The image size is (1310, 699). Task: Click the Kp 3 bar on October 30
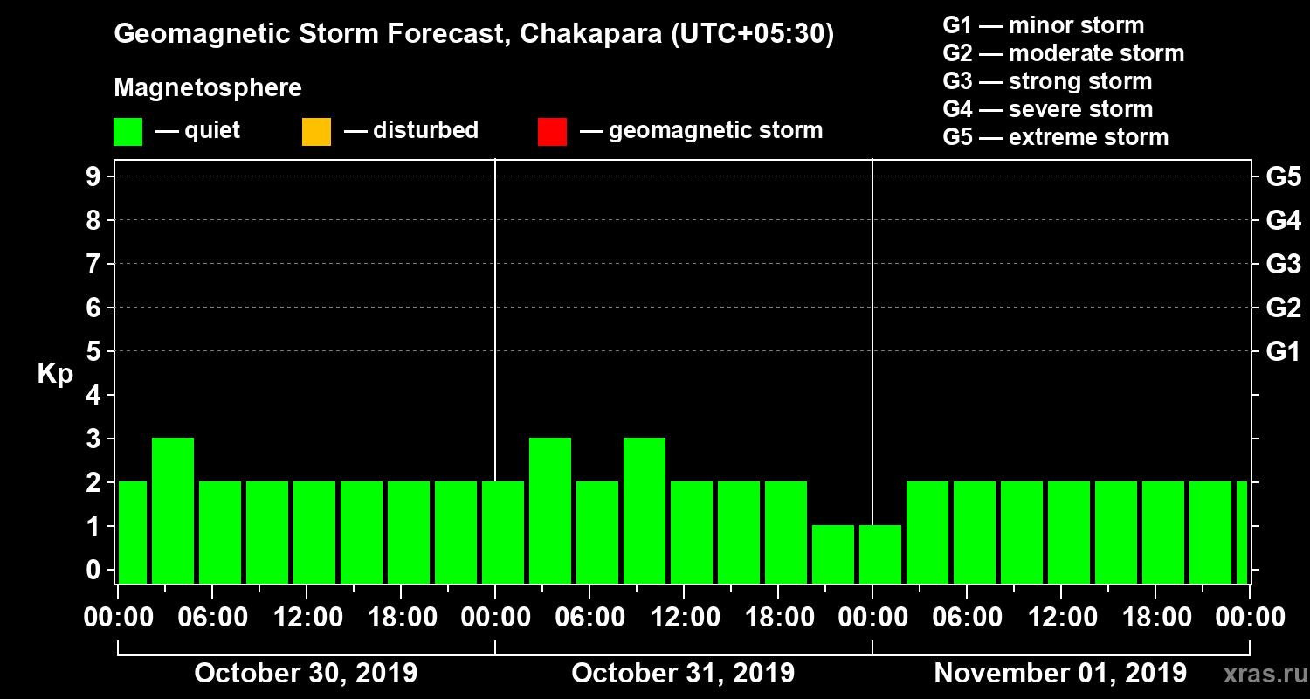tap(173, 510)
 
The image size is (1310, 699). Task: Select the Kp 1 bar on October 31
tap(833, 554)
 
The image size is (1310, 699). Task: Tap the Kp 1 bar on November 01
tap(880, 554)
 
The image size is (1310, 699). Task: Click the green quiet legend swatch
tap(128, 132)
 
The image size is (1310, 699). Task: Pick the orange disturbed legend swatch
tap(316, 132)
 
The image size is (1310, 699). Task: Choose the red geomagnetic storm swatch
tap(552, 132)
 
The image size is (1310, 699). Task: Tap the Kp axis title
tap(55, 374)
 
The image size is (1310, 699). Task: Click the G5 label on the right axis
tap(1283, 176)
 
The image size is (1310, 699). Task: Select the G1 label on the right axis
tap(1283, 351)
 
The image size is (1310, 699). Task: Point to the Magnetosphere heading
tap(208, 88)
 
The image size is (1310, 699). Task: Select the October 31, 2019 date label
tap(683, 674)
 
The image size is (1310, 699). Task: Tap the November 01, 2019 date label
tap(1060, 674)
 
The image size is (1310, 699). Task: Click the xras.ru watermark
tap(1262, 674)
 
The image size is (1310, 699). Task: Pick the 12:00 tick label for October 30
tap(307, 617)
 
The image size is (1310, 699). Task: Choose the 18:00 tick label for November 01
tap(1155, 617)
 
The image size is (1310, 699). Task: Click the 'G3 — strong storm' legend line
tap(1047, 81)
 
